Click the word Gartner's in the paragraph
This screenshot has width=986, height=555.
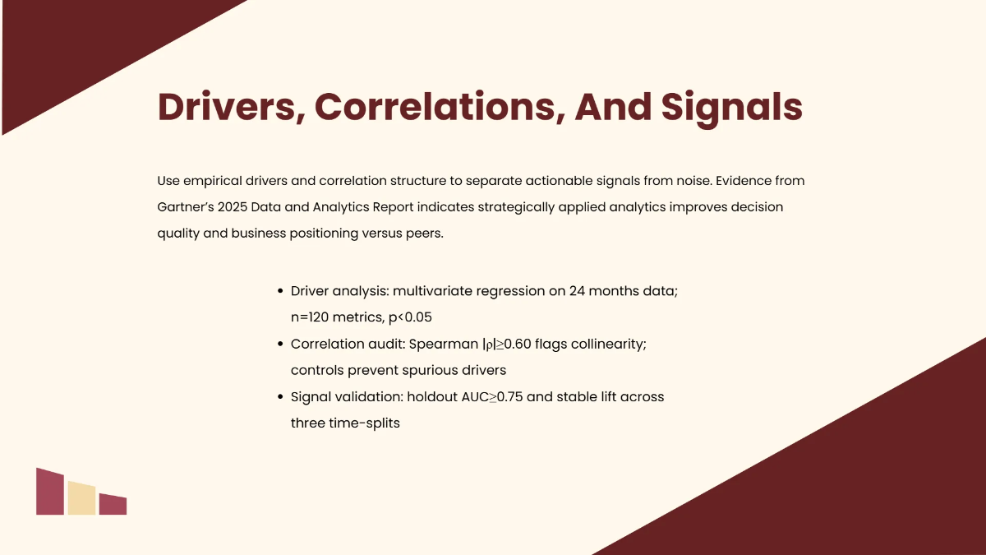(x=187, y=206)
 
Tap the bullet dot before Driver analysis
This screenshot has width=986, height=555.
(x=280, y=292)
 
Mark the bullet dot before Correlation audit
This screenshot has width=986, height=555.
(x=280, y=345)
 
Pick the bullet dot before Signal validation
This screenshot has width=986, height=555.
(x=280, y=397)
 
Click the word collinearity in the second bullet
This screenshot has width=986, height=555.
(x=609, y=345)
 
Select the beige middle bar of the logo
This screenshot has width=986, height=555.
(x=81, y=498)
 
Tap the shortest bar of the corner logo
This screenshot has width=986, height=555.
(x=113, y=505)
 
